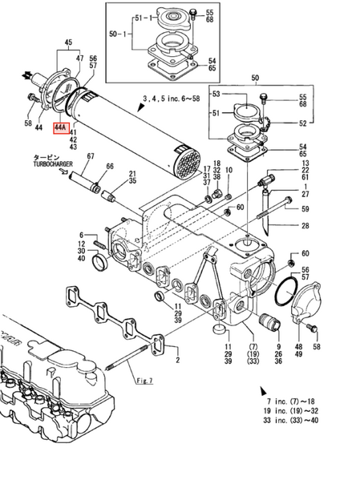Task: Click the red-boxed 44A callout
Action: pos(62,127)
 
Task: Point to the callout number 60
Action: pos(305,253)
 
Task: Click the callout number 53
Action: pos(216,95)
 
